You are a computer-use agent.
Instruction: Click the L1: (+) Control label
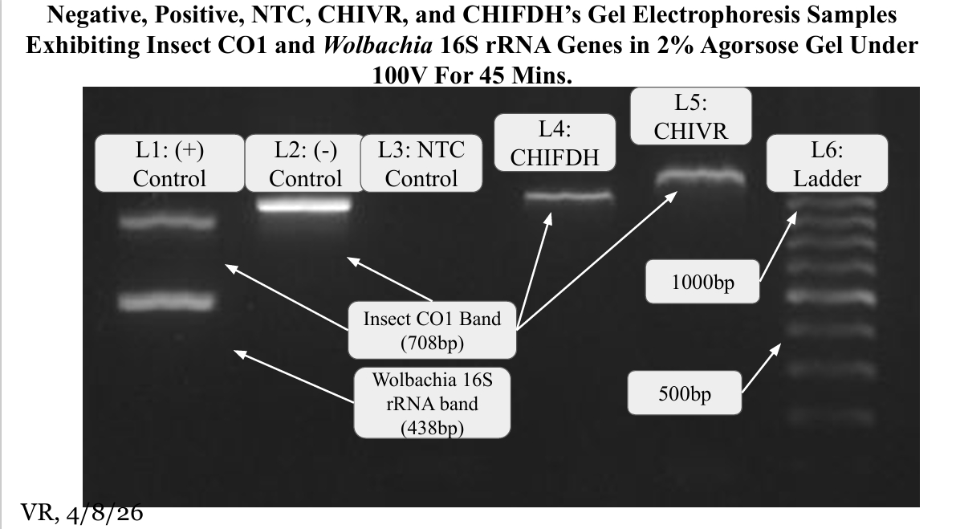point(169,164)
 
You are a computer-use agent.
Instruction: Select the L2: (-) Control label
point(305,164)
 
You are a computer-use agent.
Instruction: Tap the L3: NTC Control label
point(421,164)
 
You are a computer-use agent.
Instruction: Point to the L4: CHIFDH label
point(555,144)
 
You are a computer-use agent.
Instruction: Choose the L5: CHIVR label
point(691,116)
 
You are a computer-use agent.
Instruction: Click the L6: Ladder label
point(827,164)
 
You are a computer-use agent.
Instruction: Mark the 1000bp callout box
point(702,282)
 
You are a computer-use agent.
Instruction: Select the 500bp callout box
point(682,393)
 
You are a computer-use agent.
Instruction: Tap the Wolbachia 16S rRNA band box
point(432,403)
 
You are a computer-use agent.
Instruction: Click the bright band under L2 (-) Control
point(305,205)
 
